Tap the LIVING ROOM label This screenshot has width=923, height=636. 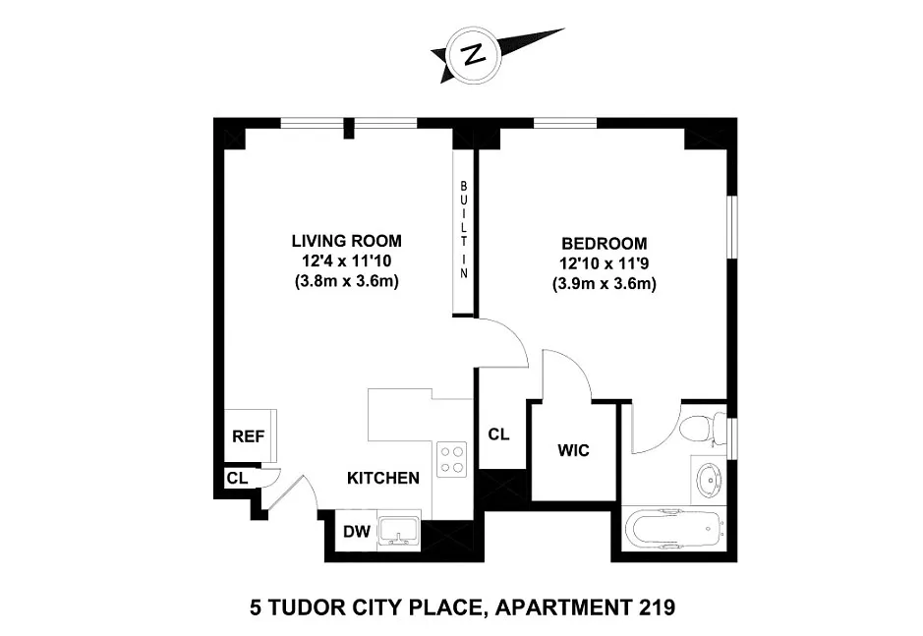(x=347, y=241)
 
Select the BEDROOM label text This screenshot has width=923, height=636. (x=604, y=243)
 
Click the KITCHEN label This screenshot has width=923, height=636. (x=383, y=478)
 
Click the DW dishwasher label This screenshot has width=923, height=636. (x=357, y=532)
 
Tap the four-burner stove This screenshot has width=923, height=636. (x=451, y=459)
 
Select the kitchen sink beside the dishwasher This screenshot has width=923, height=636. (x=398, y=531)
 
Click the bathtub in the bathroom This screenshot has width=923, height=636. (x=672, y=530)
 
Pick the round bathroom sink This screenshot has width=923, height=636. (x=710, y=479)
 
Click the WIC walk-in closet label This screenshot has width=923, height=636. (x=573, y=450)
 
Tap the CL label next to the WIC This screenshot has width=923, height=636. (x=498, y=434)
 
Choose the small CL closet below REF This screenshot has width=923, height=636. (x=238, y=478)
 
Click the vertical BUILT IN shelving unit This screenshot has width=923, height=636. (x=463, y=230)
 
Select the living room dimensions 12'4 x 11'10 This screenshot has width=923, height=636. (x=347, y=260)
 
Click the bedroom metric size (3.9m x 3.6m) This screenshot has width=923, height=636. (x=604, y=284)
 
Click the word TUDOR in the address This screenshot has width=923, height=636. (x=309, y=607)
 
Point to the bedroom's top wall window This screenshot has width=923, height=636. (x=565, y=123)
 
